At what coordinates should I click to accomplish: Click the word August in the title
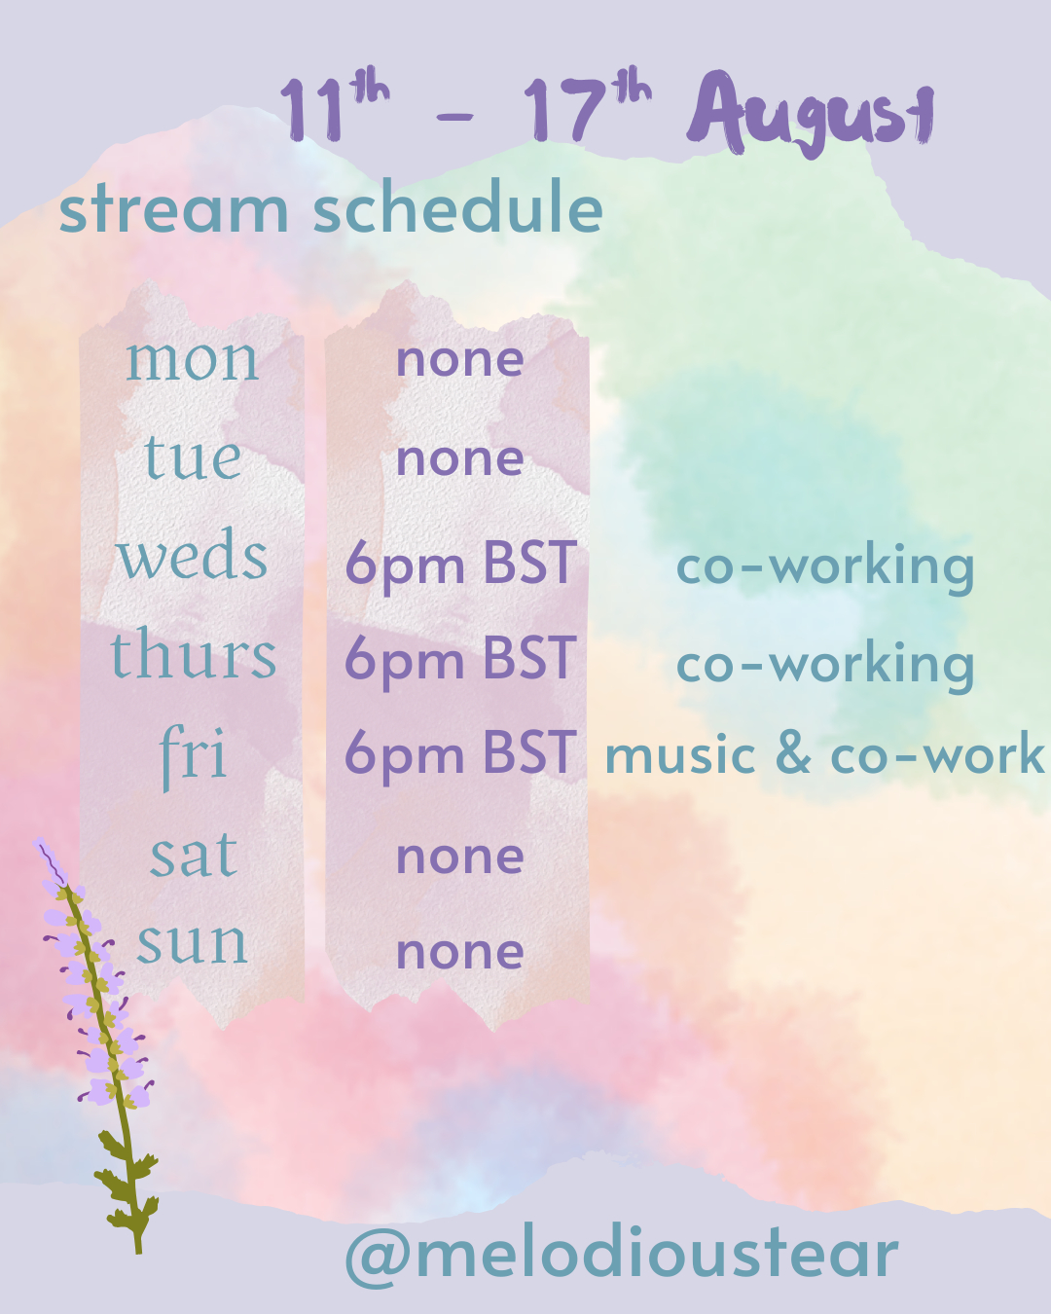coord(811,114)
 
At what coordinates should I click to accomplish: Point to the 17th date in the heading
coord(588,104)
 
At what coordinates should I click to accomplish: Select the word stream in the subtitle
coord(173,210)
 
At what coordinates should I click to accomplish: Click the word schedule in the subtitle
coord(458,206)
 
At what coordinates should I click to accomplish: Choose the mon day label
coord(193,361)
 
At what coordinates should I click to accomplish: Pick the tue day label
coord(193,456)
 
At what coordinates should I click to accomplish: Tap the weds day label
coord(193,555)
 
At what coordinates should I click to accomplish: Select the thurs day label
coord(193,652)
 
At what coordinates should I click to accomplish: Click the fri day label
coord(193,757)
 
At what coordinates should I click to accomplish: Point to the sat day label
coord(193,854)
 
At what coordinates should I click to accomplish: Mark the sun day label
coord(192,943)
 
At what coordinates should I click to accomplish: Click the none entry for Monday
coord(460,359)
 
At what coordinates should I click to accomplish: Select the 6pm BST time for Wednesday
coord(460,564)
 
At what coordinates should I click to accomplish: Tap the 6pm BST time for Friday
coord(460,753)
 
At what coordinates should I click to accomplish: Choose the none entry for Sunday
coord(460,953)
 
